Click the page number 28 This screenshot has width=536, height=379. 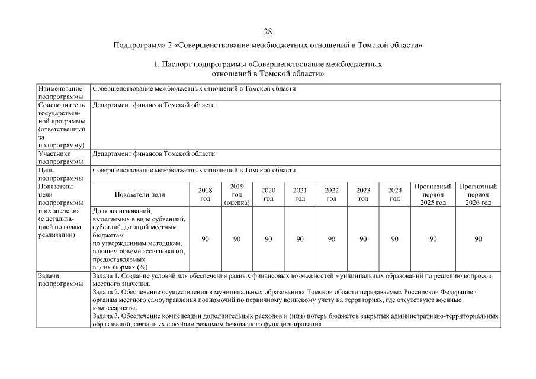[268, 31]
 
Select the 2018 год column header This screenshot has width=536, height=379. [205, 195]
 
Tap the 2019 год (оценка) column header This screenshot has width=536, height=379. [237, 195]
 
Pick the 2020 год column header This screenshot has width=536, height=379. [268, 195]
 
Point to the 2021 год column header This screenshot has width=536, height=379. [300, 195]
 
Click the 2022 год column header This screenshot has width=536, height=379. [332, 195]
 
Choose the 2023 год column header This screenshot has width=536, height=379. [363, 195]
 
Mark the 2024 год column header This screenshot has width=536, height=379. [394, 195]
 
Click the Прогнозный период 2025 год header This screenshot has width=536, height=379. [433, 195]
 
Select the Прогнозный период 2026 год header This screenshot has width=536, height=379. [478, 195]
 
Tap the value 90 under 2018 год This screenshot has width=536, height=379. [205, 239]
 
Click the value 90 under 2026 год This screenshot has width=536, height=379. [478, 239]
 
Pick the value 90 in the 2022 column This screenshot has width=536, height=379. [332, 239]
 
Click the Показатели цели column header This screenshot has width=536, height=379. [140, 195]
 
